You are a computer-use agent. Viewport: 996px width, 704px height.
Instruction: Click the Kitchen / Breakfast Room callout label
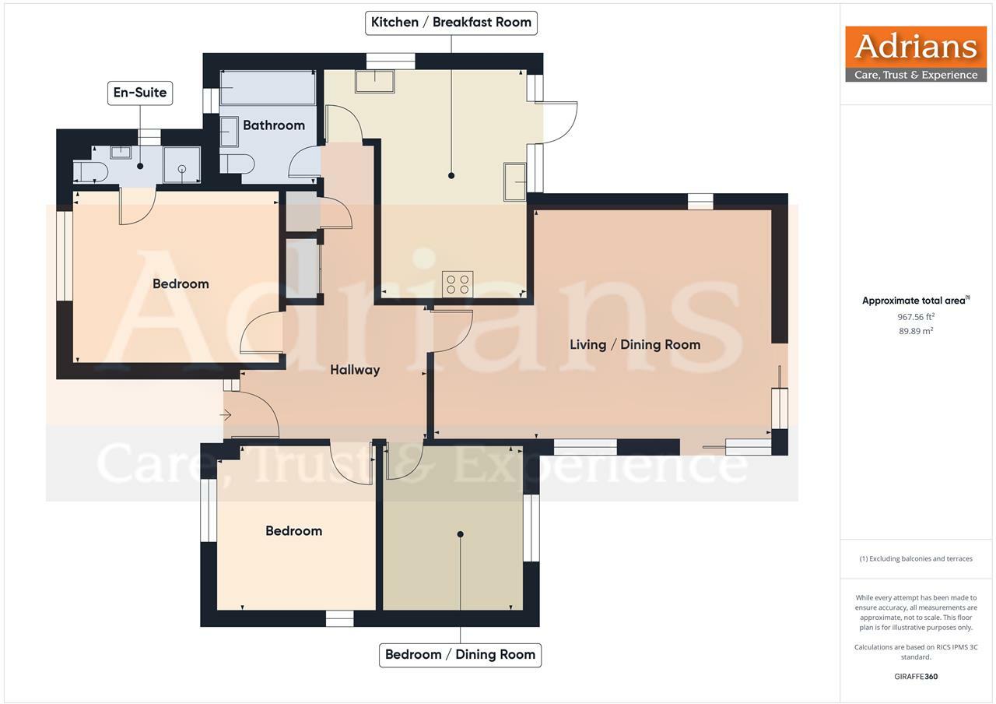click(451, 22)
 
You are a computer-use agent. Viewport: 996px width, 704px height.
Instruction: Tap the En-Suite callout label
click(140, 93)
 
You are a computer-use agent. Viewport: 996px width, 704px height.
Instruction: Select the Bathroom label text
click(273, 125)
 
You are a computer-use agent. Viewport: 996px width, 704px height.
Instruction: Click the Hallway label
click(355, 370)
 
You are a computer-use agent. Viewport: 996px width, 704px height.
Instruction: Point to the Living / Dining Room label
click(635, 344)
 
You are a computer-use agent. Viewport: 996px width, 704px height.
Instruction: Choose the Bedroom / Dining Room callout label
click(460, 654)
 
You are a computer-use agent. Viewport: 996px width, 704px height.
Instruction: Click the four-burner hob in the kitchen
click(458, 284)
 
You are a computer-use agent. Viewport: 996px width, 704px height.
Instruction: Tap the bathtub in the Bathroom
click(268, 88)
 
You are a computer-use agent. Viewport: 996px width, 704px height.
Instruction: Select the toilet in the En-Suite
click(90, 171)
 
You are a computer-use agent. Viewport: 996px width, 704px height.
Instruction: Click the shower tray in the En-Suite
click(181, 166)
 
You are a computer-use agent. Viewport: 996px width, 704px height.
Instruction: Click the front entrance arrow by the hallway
click(226, 416)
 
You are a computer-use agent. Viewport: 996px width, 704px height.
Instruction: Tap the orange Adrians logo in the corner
click(916, 54)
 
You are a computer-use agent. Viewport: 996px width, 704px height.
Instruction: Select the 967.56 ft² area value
click(916, 317)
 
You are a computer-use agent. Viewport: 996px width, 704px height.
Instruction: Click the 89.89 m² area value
click(916, 331)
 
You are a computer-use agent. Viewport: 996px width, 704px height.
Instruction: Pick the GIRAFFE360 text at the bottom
click(916, 677)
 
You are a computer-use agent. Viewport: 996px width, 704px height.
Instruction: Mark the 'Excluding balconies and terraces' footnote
click(916, 558)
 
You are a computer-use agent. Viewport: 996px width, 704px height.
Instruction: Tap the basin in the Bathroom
click(230, 132)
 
